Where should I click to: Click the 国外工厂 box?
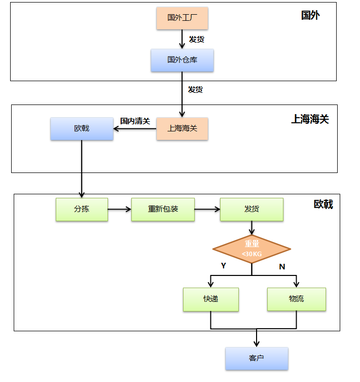[182, 18]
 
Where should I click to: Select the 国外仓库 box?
[182, 60]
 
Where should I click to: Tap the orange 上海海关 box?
[182, 129]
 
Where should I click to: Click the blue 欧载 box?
[82, 129]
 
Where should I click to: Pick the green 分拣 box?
[82, 209]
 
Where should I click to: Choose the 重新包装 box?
[163, 209]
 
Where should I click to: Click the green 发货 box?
[251, 209]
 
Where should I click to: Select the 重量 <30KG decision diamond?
[251, 249]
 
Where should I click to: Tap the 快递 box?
[211, 299]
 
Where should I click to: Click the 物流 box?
[296, 299]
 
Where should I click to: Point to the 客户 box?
[257, 359]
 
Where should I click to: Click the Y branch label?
[224, 265]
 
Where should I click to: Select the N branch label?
[282, 266]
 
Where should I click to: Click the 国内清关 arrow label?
[135, 121]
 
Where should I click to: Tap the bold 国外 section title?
[310, 15]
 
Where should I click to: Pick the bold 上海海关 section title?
[310, 119]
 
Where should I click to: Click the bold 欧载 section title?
[323, 204]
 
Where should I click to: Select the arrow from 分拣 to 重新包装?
[120, 209]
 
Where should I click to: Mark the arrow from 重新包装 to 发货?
[207, 209]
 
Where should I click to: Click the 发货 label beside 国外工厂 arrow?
[197, 39]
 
